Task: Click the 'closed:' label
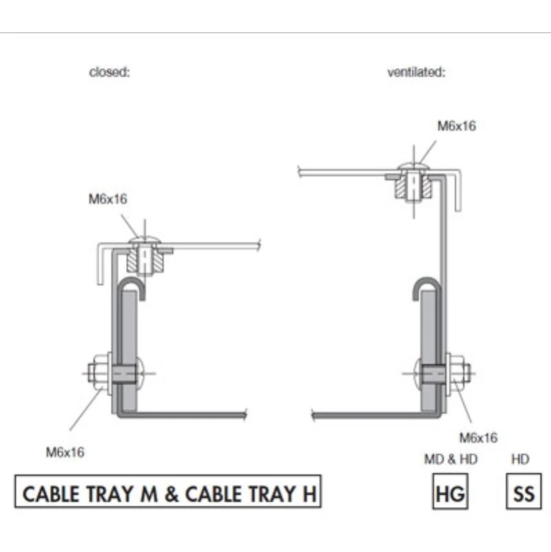coord(110,72)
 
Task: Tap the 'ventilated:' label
coord(417,72)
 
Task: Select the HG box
coord(450,491)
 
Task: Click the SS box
coord(524,491)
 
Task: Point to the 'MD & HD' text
coord(450,459)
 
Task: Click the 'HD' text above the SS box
coord(520,459)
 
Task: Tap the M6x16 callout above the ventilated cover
coord(457,125)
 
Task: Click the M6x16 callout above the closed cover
coord(107,199)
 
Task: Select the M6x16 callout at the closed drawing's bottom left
coord(65,452)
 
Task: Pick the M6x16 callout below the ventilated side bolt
coord(479,438)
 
